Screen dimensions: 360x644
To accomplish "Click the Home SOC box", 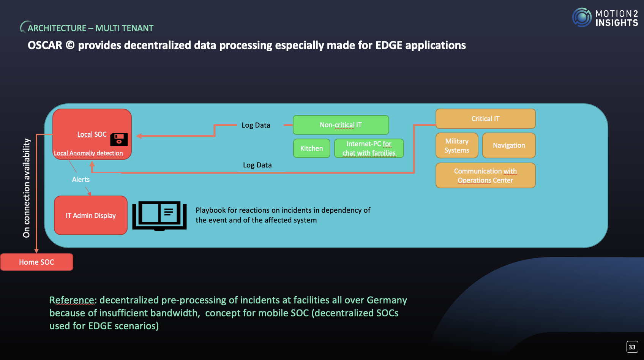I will pyautogui.click(x=36, y=262).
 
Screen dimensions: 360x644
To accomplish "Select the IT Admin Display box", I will pyautogui.click(x=91, y=215).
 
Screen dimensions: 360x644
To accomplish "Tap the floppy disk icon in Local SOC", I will pyautogui.click(x=119, y=139).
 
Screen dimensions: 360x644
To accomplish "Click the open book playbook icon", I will pyautogui.click(x=159, y=215).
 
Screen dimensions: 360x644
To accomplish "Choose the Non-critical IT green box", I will pyautogui.click(x=341, y=125).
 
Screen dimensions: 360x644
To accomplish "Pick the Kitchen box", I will pyautogui.click(x=311, y=148).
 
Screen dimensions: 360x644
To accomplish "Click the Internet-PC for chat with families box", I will pyautogui.click(x=369, y=148).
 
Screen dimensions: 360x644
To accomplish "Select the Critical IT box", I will pyautogui.click(x=485, y=119).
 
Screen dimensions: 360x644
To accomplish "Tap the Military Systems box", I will pyautogui.click(x=457, y=145).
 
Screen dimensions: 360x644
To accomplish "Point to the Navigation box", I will pyautogui.click(x=509, y=145).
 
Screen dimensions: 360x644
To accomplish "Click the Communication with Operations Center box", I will pyautogui.click(x=485, y=175).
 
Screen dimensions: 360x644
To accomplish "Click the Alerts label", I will pyautogui.click(x=81, y=180).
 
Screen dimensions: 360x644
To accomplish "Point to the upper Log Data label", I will pyautogui.click(x=256, y=125).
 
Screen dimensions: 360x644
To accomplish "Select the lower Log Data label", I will pyautogui.click(x=257, y=165).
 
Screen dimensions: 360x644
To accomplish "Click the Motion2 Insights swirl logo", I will pyautogui.click(x=582, y=17).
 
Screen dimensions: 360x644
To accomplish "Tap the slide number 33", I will pyautogui.click(x=632, y=347).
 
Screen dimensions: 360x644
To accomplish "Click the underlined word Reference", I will pyautogui.click(x=72, y=300).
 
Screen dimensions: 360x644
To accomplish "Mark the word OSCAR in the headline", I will pyautogui.click(x=45, y=45).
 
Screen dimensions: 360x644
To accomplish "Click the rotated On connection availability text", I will pyautogui.click(x=27, y=188).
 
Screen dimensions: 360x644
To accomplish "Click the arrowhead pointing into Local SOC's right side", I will pyautogui.click(x=139, y=136).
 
